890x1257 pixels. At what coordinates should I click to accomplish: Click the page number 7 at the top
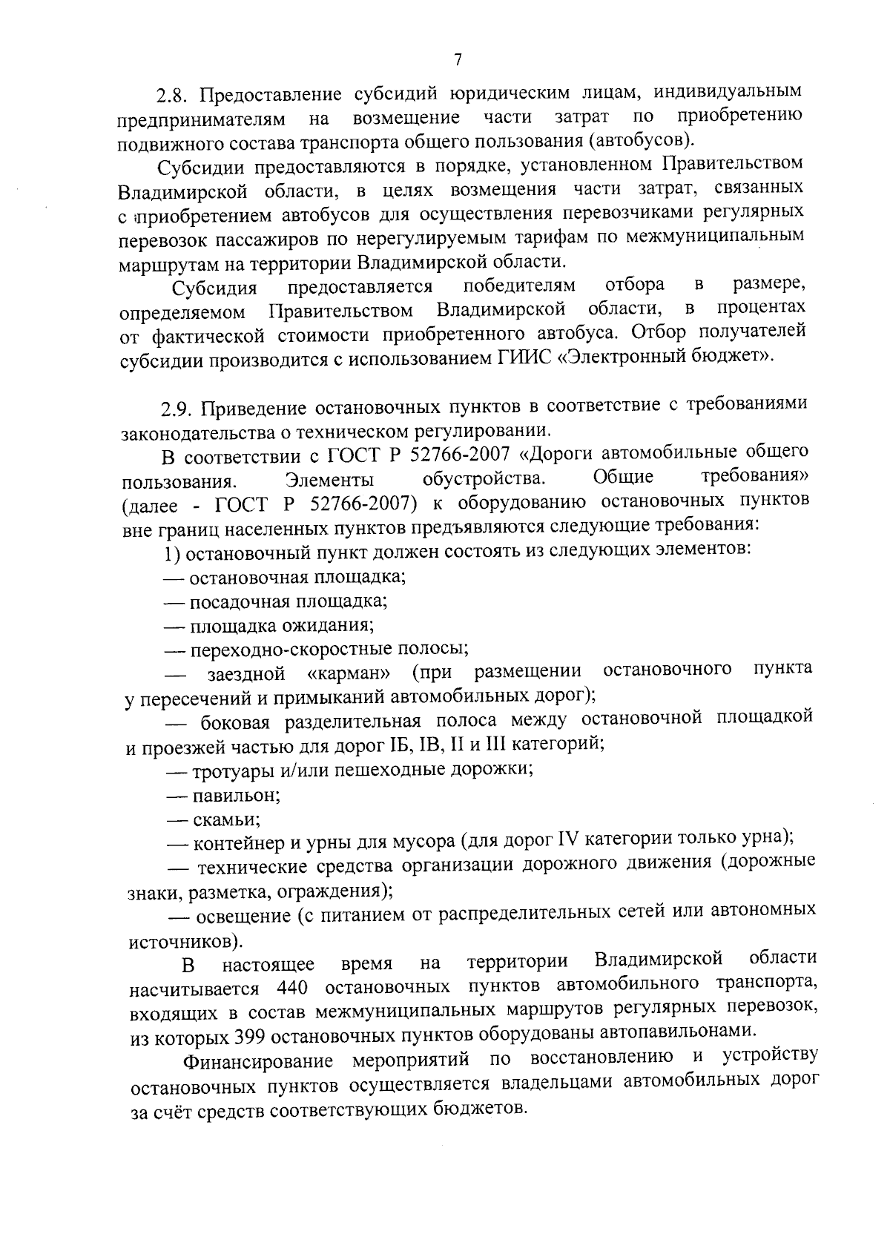(458, 59)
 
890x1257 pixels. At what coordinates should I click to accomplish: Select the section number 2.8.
(174, 95)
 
